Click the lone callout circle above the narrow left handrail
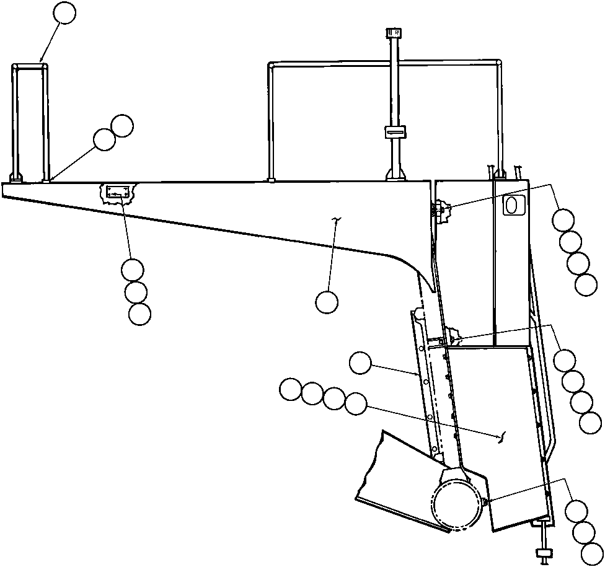(x=65, y=12)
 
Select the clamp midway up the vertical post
(x=394, y=131)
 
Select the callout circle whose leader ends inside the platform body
(x=327, y=302)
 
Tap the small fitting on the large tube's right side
(x=485, y=500)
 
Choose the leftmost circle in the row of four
(x=290, y=390)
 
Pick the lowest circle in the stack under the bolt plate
(x=139, y=314)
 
